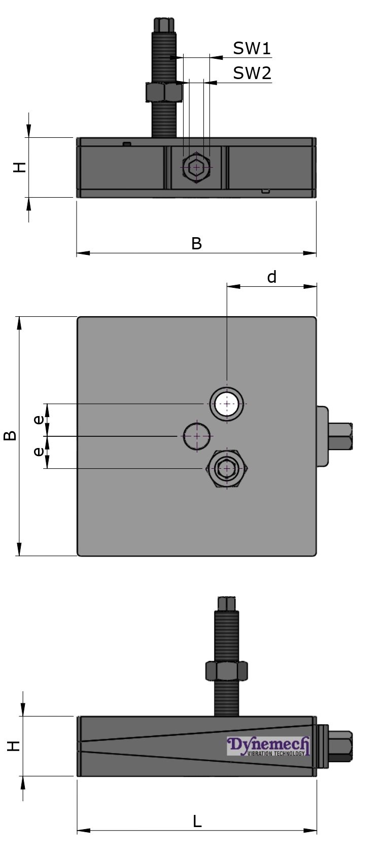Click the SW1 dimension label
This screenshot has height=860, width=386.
pyautogui.click(x=252, y=49)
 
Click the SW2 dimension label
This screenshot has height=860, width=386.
pyautogui.click(x=252, y=73)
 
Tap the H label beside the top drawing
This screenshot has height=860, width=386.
pyautogui.click(x=19, y=167)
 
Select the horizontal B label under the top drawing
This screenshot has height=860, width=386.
pyautogui.click(x=196, y=244)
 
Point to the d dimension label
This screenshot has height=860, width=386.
pyautogui.click(x=272, y=277)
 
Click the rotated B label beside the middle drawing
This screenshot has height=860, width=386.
pyautogui.click(x=10, y=435)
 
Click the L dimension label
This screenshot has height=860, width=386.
pyautogui.click(x=197, y=821)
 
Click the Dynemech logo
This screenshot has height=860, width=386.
pyautogui.click(x=268, y=745)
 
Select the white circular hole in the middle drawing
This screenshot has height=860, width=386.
pyautogui.click(x=227, y=404)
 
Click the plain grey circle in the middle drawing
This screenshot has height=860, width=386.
pyautogui.click(x=196, y=435)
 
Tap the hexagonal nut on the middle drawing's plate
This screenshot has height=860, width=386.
pyautogui.click(x=227, y=468)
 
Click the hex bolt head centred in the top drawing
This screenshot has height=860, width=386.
pyautogui.click(x=196, y=167)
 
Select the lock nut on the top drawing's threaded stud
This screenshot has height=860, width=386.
pyautogui.click(x=163, y=92)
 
